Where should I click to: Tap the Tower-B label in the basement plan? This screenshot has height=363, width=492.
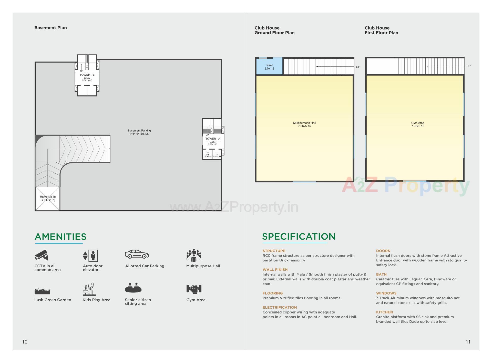click(x=87, y=75)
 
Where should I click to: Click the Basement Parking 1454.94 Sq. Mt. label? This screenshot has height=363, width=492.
click(x=139, y=132)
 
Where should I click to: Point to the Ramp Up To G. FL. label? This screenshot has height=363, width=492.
click(x=48, y=198)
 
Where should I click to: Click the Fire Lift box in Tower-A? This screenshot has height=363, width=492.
click(x=207, y=154)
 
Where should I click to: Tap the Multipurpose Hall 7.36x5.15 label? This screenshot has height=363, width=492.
click(x=304, y=124)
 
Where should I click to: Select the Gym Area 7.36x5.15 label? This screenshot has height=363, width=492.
click(x=417, y=124)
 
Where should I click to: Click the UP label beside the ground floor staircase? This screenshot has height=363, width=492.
click(x=358, y=67)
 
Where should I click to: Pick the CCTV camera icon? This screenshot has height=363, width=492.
click(x=42, y=255)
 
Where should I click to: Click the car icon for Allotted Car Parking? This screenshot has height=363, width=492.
click(x=137, y=254)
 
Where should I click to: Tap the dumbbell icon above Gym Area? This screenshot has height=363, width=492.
click(x=194, y=289)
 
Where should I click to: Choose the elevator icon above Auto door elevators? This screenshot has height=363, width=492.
click(x=90, y=256)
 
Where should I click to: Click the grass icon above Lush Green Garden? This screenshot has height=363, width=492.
click(x=42, y=291)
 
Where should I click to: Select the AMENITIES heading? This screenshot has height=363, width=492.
click(x=60, y=237)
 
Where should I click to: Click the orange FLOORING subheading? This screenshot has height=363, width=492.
click(x=272, y=293)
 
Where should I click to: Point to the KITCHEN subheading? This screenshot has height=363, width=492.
click(x=384, y=312)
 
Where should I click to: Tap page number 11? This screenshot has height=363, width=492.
click(x=468, y=342)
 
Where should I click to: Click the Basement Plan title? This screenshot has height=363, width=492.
click(x=50, y=28)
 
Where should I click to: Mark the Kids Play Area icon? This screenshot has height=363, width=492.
click(x=89, y=289)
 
